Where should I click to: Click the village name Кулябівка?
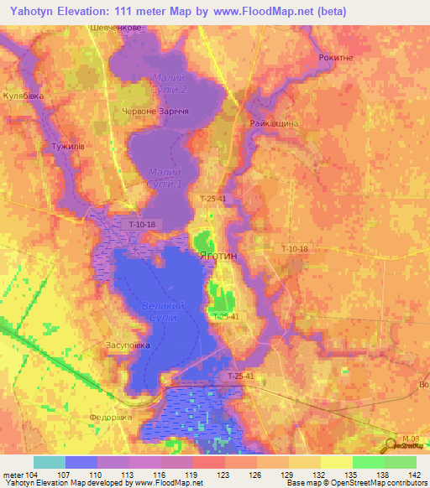pos(23,96)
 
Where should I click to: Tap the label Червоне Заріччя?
pos(155,111)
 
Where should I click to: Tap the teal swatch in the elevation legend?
pos(50,462)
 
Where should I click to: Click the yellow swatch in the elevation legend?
pos(337,462)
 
